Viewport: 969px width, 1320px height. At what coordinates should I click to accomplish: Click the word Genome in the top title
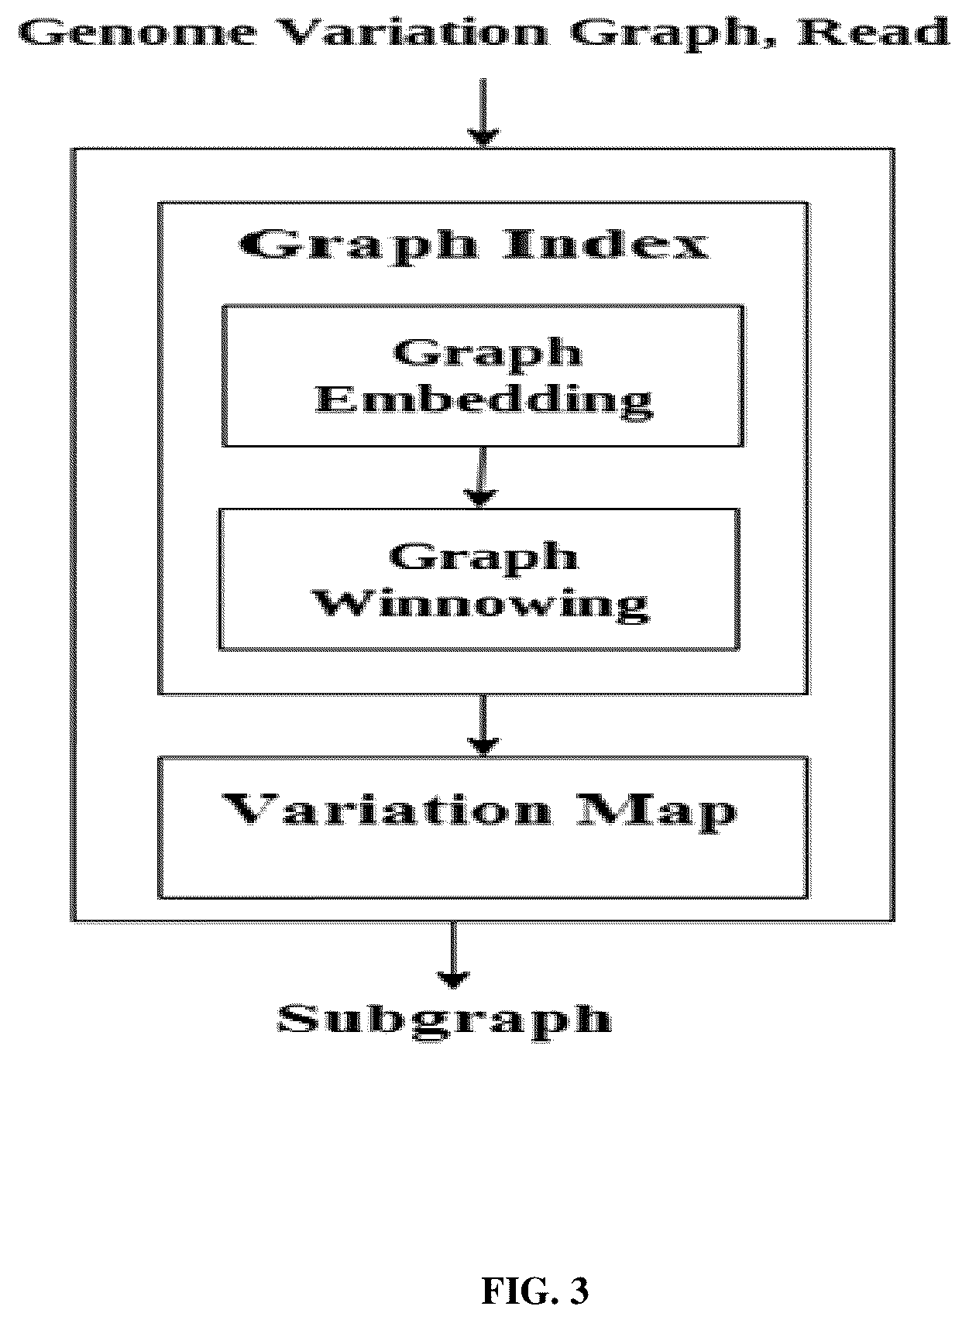138,33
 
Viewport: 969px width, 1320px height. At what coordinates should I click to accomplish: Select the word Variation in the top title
411,33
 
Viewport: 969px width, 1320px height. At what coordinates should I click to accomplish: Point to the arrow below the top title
483,112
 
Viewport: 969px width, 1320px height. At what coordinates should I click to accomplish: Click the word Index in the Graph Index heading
607,244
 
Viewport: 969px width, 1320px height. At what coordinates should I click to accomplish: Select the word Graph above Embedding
488,355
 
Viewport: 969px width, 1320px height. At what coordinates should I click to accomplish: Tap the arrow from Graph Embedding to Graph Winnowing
482,478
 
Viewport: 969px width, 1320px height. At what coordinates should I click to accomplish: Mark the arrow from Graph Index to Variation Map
483,725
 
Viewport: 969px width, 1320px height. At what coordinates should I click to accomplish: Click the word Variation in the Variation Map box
387,809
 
